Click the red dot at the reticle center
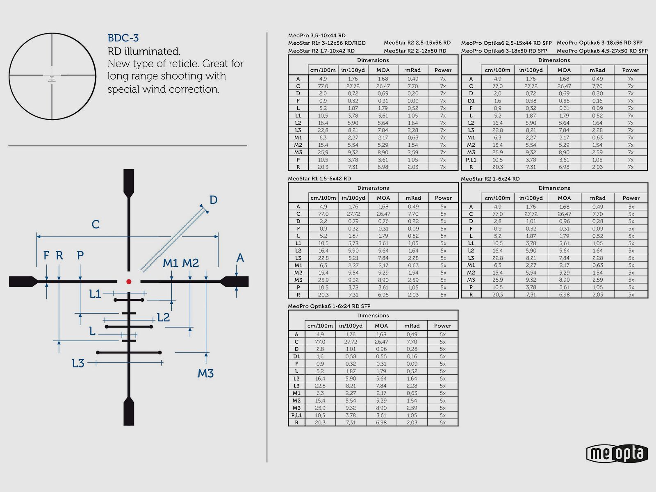[x=129, y=281]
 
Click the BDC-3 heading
[x=123, y=38]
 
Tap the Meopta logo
[x=617, y=453]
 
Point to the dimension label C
[x=96, y=224]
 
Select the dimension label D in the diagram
[x=213, y=200]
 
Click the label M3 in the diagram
[x=205, y=373]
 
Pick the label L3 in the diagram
[x=78, y=363]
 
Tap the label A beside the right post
[x=240, y=258]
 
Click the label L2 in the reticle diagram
[x=163, y=317]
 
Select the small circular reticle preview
[x=52, y=76]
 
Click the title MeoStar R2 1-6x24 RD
[x=490, y=179]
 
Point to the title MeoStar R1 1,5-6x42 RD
[x=319, y=179]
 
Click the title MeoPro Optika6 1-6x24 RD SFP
[x=329, y=306]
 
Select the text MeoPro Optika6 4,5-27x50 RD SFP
[x=602, y=51]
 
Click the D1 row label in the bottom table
[x=296, y=356]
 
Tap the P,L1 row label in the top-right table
[x=471, y=159]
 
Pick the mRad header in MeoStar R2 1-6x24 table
[x=597, y=198]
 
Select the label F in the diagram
[x=46, y=255]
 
